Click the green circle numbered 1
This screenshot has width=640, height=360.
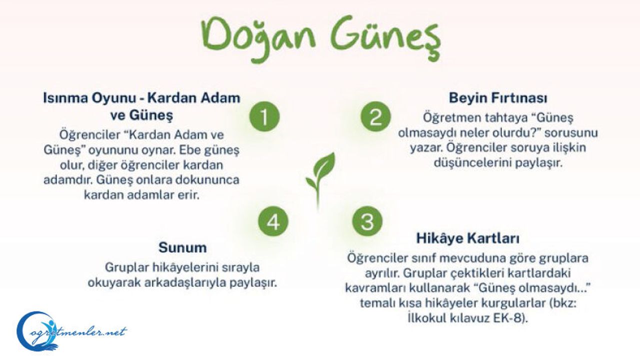(264, 116)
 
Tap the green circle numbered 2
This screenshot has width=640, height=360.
(375, 116)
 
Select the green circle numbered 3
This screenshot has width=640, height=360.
(367, 221)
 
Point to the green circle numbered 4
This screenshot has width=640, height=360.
(273, 221)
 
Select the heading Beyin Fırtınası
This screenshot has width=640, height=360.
(498, 97)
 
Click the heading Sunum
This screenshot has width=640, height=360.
(182, 247)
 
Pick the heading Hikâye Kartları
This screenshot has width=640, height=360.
(467, 238)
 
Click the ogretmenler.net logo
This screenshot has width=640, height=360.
(71, 331)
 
